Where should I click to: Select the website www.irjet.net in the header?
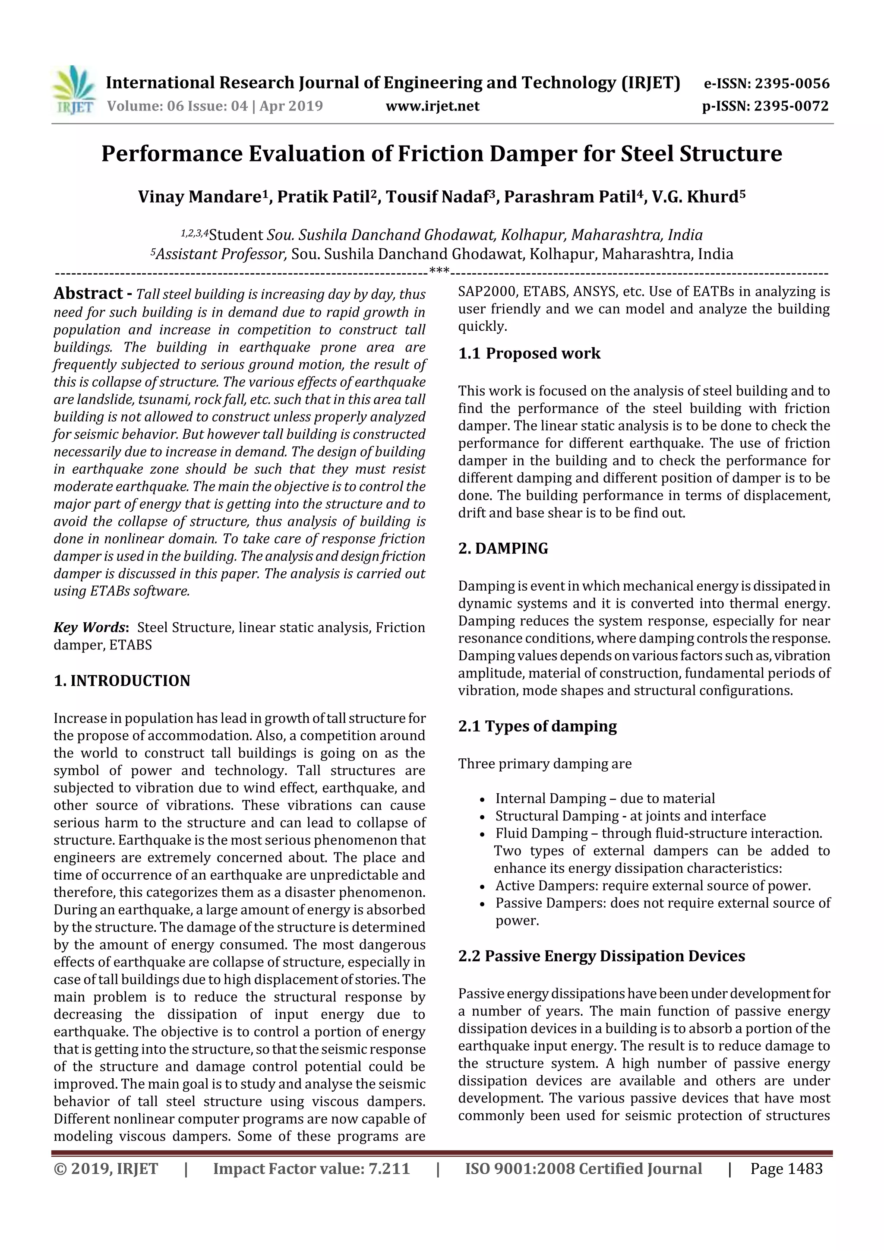[x=433, y=106]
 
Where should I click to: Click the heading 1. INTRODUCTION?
[x=122, y=681]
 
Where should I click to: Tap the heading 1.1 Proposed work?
[x=529, y=354]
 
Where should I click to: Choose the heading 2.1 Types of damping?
[x=537, y=726]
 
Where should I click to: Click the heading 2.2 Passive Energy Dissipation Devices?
[x=601, y=956]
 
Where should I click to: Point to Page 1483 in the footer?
[x=786, y=1169]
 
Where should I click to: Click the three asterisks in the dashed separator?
[x=439, y=270]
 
